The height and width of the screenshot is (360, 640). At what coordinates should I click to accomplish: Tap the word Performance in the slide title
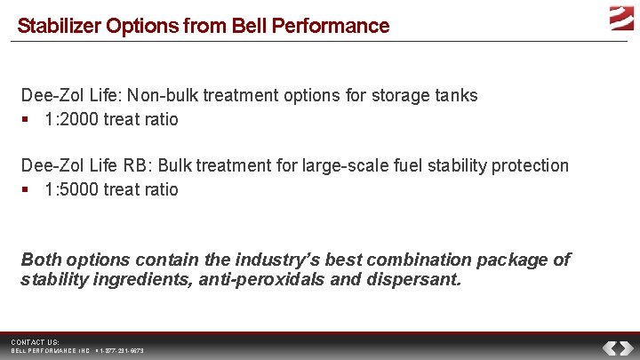[x=338, y=26]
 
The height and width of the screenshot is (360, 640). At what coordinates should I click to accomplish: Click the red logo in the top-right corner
[x=620, y=17]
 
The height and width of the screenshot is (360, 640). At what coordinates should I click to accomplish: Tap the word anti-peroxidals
[x=244, y=280]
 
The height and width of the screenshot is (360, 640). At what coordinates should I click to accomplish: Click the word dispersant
[x=420, y=280]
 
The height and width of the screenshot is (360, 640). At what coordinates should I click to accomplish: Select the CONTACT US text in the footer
[x=35, y=342]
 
